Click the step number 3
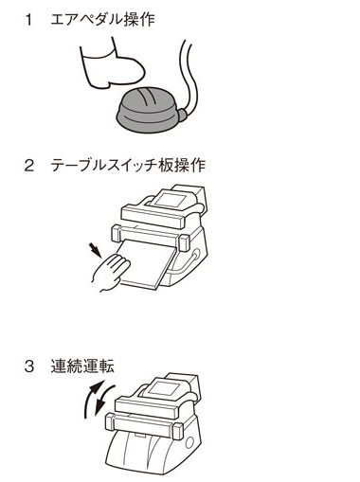[28, 366]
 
